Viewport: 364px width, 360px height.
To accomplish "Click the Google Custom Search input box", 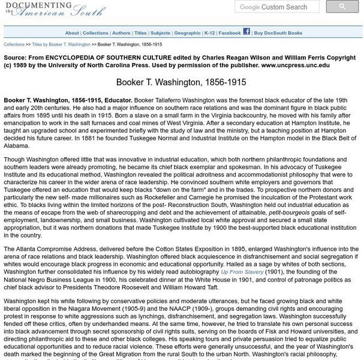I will tap(279, 7).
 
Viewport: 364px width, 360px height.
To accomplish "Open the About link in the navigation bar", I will tap(72, 33).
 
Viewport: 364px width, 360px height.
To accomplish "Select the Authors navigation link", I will tap(121, 33).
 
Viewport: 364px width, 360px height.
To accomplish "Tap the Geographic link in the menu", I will tap(187, 33).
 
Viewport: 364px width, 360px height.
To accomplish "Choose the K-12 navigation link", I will tap(209, 33).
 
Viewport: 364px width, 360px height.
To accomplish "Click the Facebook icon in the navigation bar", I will tap(246, 32).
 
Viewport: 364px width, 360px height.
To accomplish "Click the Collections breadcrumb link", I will tap(14, 44).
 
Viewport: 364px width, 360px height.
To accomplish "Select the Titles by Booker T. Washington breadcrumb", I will tap(61, 44).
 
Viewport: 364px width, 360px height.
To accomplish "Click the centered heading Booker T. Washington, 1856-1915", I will tap(182, 82).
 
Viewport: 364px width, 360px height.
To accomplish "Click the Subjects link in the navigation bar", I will tap(160, 33).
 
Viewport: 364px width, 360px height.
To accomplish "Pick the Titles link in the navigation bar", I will tap(140, 33).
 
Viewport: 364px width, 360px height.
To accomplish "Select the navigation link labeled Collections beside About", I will tap(96, 33).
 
